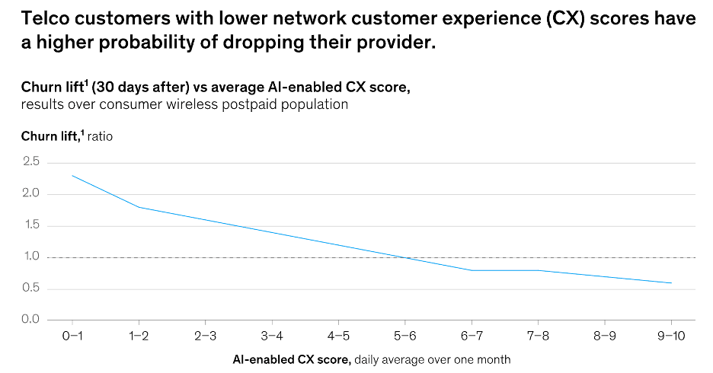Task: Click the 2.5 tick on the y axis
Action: click(30, 162)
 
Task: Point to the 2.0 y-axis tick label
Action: click(30, 194)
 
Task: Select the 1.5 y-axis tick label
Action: click(30, 225)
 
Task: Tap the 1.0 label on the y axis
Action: click(30, 257)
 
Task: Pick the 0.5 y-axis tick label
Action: click(30, 288)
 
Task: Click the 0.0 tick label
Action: click(30, 319)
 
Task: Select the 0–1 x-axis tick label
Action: click(72, 336)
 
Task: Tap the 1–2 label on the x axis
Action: click(139, 336)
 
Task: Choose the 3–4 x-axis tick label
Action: click(272, 336)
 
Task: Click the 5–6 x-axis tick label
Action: click(405, 336)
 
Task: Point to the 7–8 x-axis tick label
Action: click(539, 336)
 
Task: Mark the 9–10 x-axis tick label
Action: click(671, 336)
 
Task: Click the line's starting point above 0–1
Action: click(72, 176)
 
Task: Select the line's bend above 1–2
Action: click(139, 207)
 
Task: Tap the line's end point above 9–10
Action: click(671, 283)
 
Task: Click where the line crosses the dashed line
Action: click(405, 257)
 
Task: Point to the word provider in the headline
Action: click(397, 43)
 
